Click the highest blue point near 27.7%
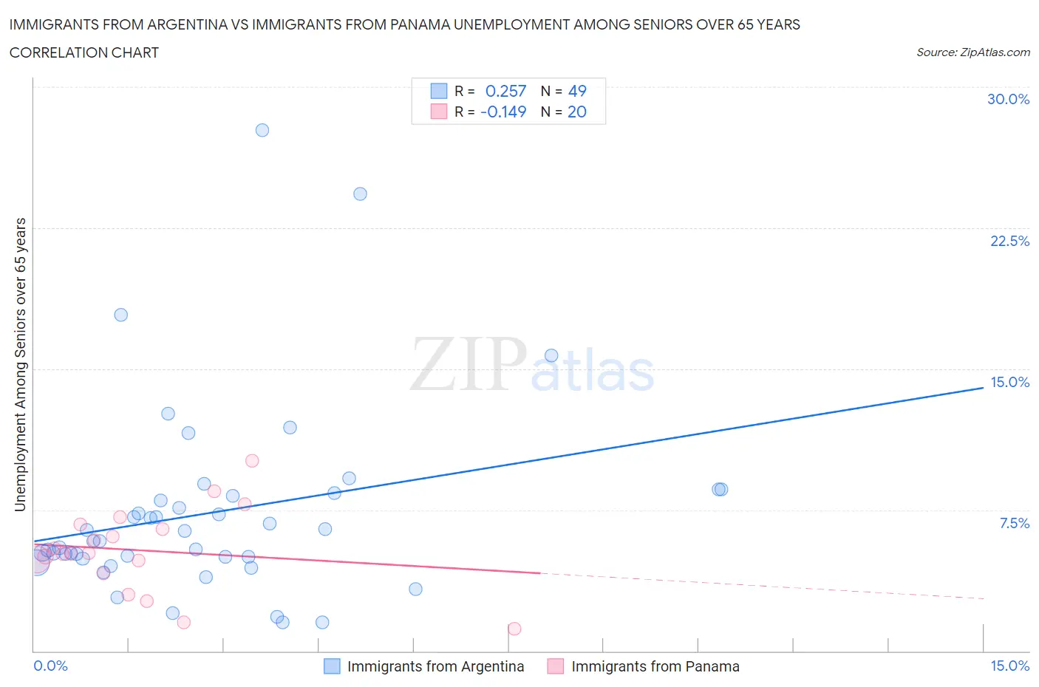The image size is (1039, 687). pos(262,130)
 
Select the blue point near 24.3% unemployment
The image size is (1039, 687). pos(360,194)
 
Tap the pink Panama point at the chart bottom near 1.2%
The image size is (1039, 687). pos(514,629)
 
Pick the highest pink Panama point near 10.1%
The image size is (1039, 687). pos(252,461)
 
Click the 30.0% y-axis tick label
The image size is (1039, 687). pos(1008,100)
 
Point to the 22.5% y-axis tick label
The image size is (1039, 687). pos(1009,241)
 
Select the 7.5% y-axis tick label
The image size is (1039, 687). pos(1014,523)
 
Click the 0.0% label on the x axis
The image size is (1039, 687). pos(50,666)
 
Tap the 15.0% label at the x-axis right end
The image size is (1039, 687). pos(1009,666)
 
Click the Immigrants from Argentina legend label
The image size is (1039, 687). pos(435,666)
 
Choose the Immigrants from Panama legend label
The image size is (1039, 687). pos(655,666)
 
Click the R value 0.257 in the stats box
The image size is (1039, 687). pos(505,91)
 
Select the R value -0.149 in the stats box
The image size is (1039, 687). pos(503,112)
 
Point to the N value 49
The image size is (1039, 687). pos(577,91)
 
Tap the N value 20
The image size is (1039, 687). pos(577,112)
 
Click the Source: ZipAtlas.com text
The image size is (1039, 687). pos(972,52)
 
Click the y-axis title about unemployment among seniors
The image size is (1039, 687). pos(21,365)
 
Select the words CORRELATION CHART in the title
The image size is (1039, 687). pos(84,52)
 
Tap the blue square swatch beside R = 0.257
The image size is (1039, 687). pos(439,91)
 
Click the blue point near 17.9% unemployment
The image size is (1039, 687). pos(120,315)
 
